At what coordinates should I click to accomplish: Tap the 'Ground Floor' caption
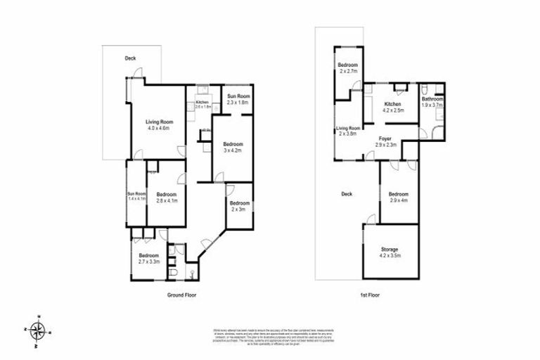coord(180,295)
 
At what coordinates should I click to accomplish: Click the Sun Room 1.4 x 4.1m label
coord(136,197)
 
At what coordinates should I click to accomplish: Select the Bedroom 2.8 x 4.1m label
coord(166,198)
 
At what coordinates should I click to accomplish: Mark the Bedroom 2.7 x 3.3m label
coord(148,258)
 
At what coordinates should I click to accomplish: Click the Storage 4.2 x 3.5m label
coord(390,252)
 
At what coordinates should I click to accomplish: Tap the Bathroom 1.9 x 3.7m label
coord(432,103)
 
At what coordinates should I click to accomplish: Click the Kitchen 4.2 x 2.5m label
coord(392,107)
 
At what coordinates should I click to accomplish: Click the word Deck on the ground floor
coord(130,58)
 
